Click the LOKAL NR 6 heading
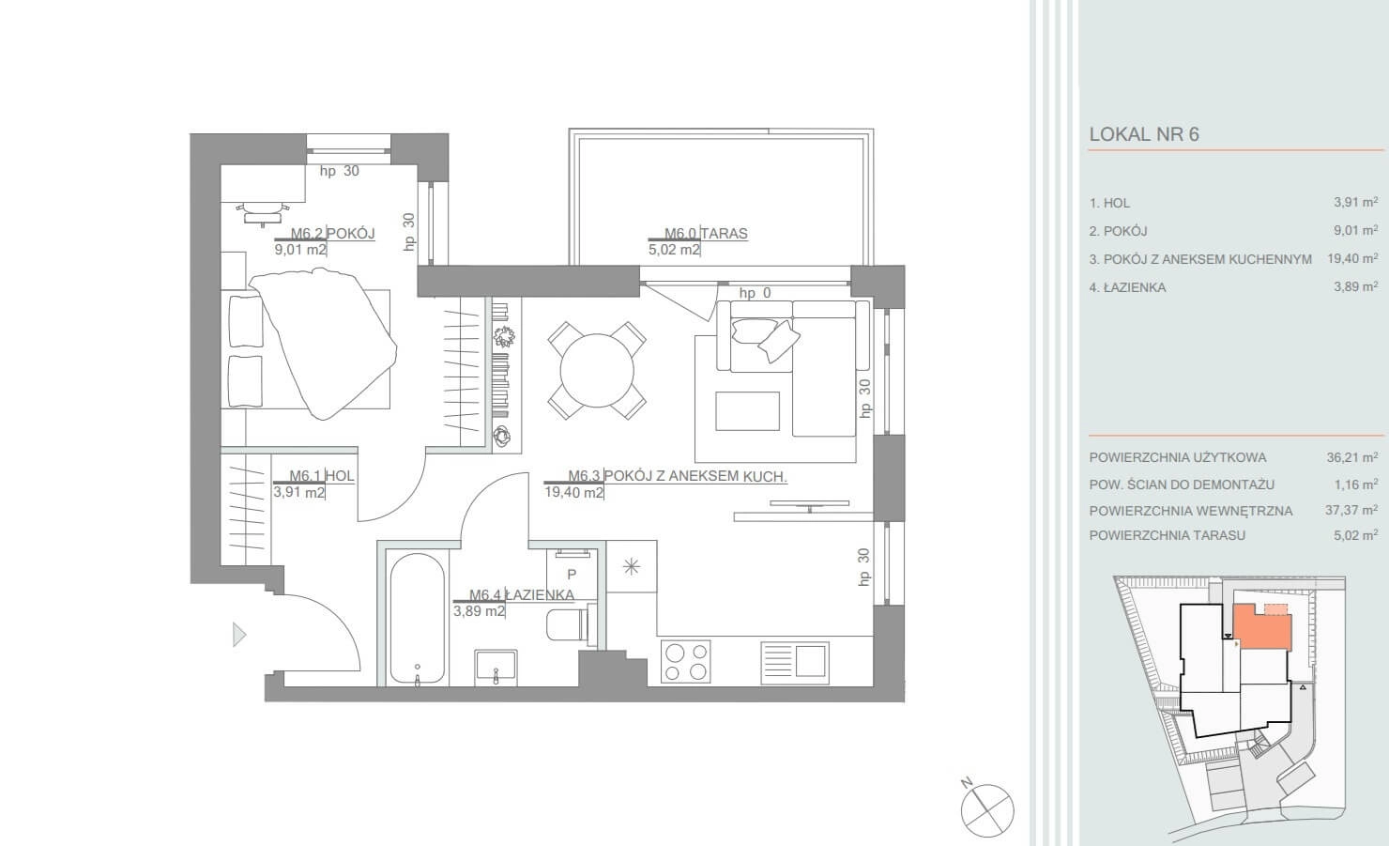tap(1144, 134)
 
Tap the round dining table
tap(597, 370)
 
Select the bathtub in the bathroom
tap(418, 620)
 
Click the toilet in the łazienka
tap(568, 624)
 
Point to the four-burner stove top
tap(686, 661)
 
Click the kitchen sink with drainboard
tap(795, 662)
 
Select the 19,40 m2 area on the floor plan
tap(573, 492)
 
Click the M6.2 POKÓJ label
tap(333, 234)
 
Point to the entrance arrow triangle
tap(238, 635)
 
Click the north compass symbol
tap(987, 810)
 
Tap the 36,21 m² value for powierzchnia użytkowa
tap(1352, 457)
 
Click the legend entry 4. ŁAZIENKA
tap(1127, 287)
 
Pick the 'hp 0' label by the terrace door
tap(755, 293)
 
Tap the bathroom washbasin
tap(496, 668)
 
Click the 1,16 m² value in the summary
tap(1356, 485)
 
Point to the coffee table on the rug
tap(747, 410)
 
